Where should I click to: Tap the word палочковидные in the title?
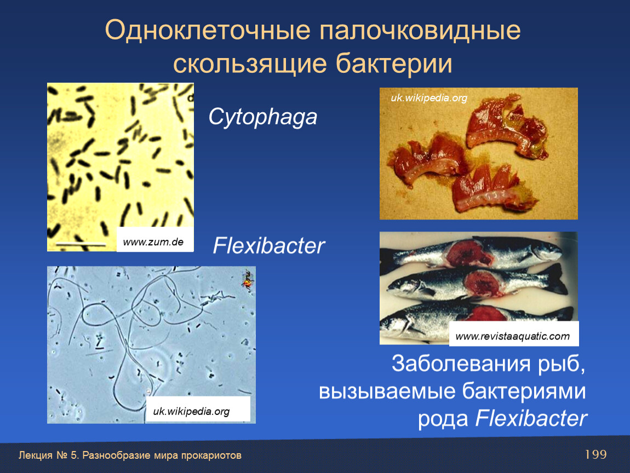coord(420,31)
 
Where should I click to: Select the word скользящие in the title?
coord(249,64)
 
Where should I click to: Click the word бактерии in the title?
coord(394,64)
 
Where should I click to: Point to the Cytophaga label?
coord(263,117)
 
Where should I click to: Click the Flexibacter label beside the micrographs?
coord(268,245)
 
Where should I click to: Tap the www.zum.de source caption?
coord(153,242)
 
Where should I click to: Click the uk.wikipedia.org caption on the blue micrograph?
coord(191,411)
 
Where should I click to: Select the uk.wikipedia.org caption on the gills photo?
coord(429,97)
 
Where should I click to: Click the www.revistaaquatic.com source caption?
coord(513,336)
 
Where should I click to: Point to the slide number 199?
coord(595,454)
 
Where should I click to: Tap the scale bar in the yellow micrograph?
coord(81,244)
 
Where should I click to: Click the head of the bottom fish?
coord(398,321)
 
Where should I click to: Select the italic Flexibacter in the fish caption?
coord(531,418)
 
